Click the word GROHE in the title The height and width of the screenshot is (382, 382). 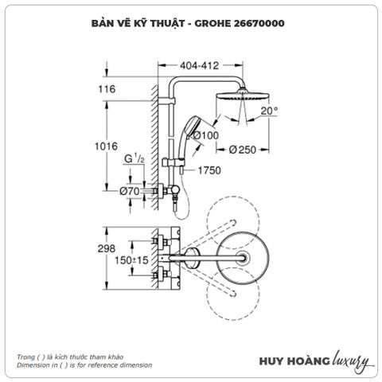[x=215, y=23]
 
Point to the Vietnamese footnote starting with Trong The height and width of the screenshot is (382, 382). [x=70, y=357]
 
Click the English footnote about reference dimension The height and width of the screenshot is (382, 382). [x=83, y=364]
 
